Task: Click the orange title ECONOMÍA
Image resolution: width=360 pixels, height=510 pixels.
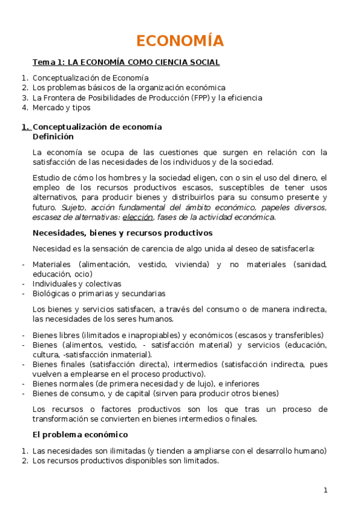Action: tap(180, 41)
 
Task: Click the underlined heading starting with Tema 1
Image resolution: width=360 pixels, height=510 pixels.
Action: tap(126, 62)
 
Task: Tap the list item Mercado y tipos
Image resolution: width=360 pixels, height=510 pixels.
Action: tap(61, 108)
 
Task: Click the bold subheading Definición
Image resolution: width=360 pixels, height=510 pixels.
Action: tap(53, 137)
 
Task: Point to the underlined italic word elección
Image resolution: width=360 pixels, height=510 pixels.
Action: tap(138, 217)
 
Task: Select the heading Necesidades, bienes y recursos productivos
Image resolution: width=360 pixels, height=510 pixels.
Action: tap(122, 233)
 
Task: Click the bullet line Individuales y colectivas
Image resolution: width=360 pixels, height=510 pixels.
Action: tap(76, 283)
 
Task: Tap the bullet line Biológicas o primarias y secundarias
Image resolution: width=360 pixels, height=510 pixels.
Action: tap(99, 293)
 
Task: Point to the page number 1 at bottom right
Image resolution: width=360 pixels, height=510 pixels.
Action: tap(325, 490)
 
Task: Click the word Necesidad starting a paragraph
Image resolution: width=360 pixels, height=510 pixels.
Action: tap(52, 249)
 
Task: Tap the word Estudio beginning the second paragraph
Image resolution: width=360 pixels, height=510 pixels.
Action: tap(47, 177)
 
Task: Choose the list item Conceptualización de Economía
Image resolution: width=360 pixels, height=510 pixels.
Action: tap(91, 78)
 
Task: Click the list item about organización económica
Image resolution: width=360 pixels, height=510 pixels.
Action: tap(129, 87)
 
